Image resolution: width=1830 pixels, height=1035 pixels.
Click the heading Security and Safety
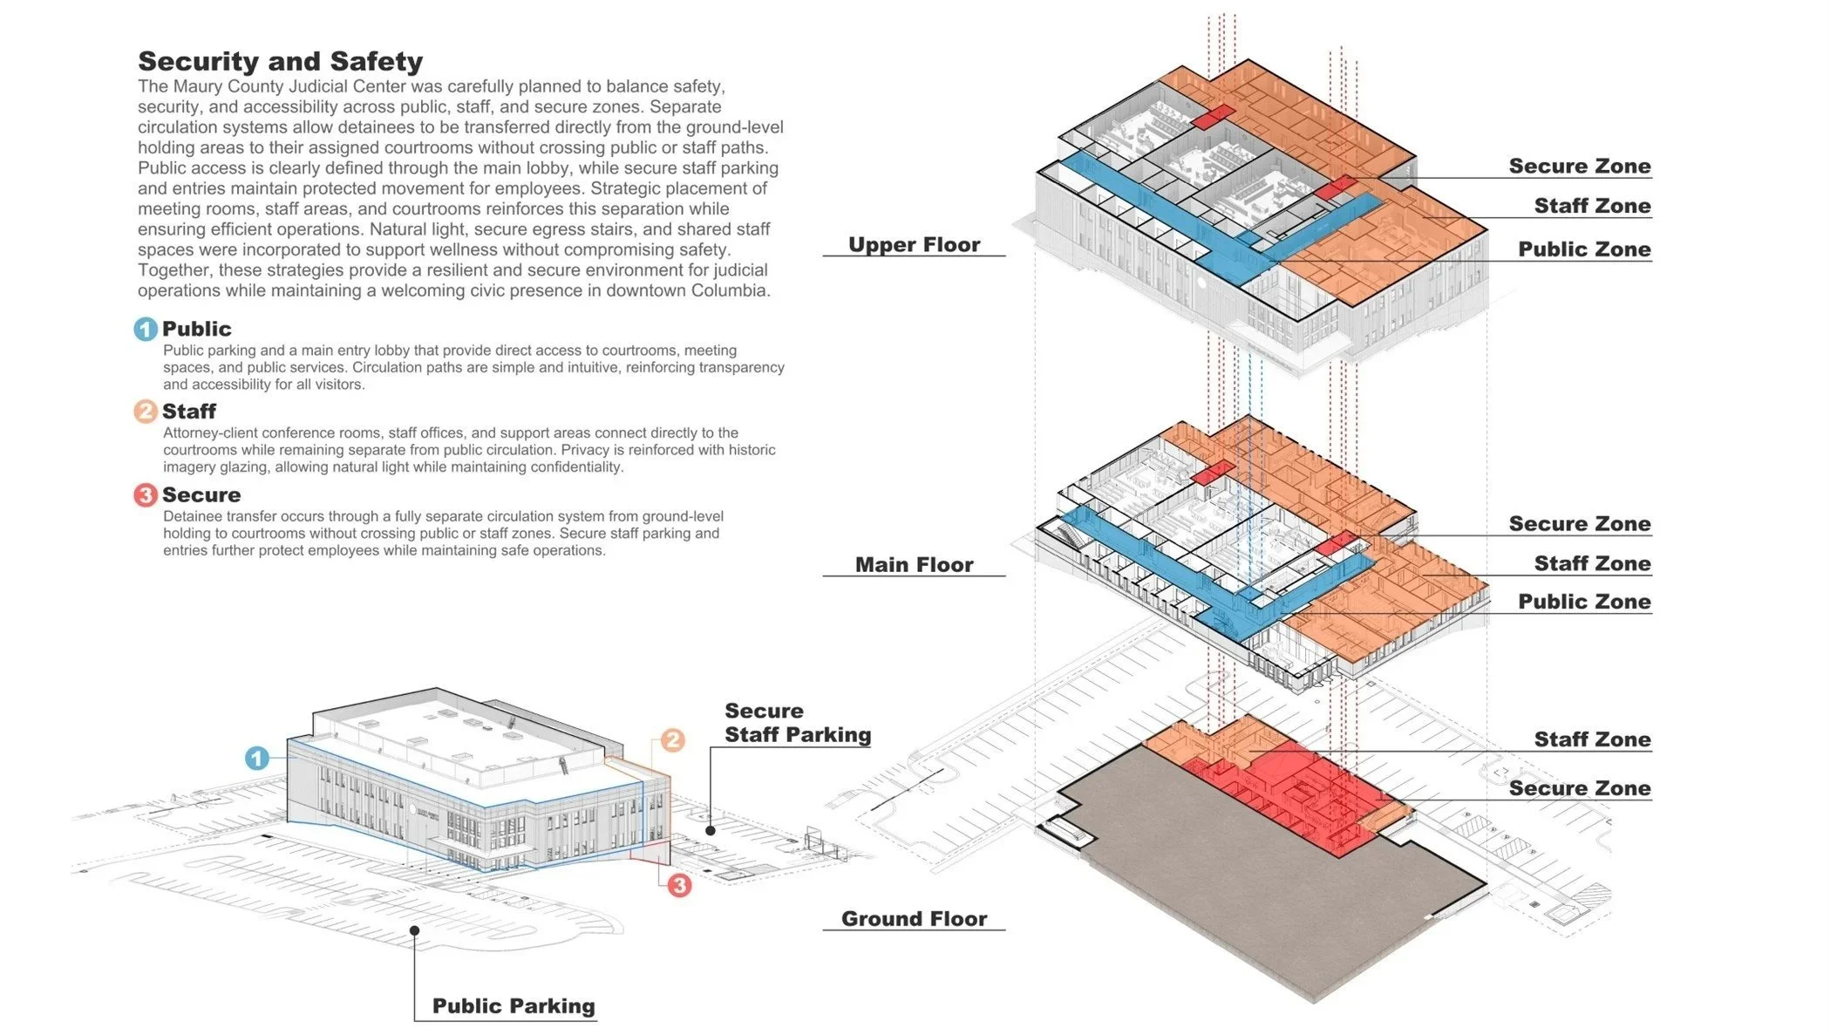[x=280, y=61]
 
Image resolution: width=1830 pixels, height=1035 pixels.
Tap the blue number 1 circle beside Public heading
[x=145, y=329]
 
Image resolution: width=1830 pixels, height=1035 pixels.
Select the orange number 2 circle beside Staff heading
[x=145, y=411]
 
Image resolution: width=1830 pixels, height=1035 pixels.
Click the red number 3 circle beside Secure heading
[x=145, y=495]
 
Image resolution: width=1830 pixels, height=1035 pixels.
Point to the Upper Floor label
[x=914, y=245]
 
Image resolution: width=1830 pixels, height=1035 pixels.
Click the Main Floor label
[x=914, y=565]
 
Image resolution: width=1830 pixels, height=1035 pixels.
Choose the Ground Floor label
[x=914, y=919]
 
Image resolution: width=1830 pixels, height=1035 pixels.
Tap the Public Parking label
[x=514, y=1006]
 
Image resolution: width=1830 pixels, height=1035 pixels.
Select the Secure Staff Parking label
[x=797, y=723]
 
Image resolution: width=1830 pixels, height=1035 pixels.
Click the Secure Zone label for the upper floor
[x=1580, y=167]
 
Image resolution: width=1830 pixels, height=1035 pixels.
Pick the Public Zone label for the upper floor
[x=1584, y=249]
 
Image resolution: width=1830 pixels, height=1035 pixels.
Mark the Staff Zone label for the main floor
[x=1592, y=564]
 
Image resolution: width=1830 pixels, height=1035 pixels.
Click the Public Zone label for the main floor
[x=1584, y=602]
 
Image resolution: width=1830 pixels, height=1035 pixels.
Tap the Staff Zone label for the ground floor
[x=1592, y=740]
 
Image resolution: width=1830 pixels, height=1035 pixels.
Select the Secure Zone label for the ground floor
[x=1580, y=789]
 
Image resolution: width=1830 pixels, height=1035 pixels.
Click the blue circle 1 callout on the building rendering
[x=256, y=758]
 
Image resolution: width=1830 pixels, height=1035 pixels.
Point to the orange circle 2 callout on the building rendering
[x=672, y=740]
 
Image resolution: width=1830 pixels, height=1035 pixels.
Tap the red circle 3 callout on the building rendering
[x=679, y=886]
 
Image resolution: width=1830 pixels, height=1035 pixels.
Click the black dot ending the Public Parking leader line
[x=415, y=930]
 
